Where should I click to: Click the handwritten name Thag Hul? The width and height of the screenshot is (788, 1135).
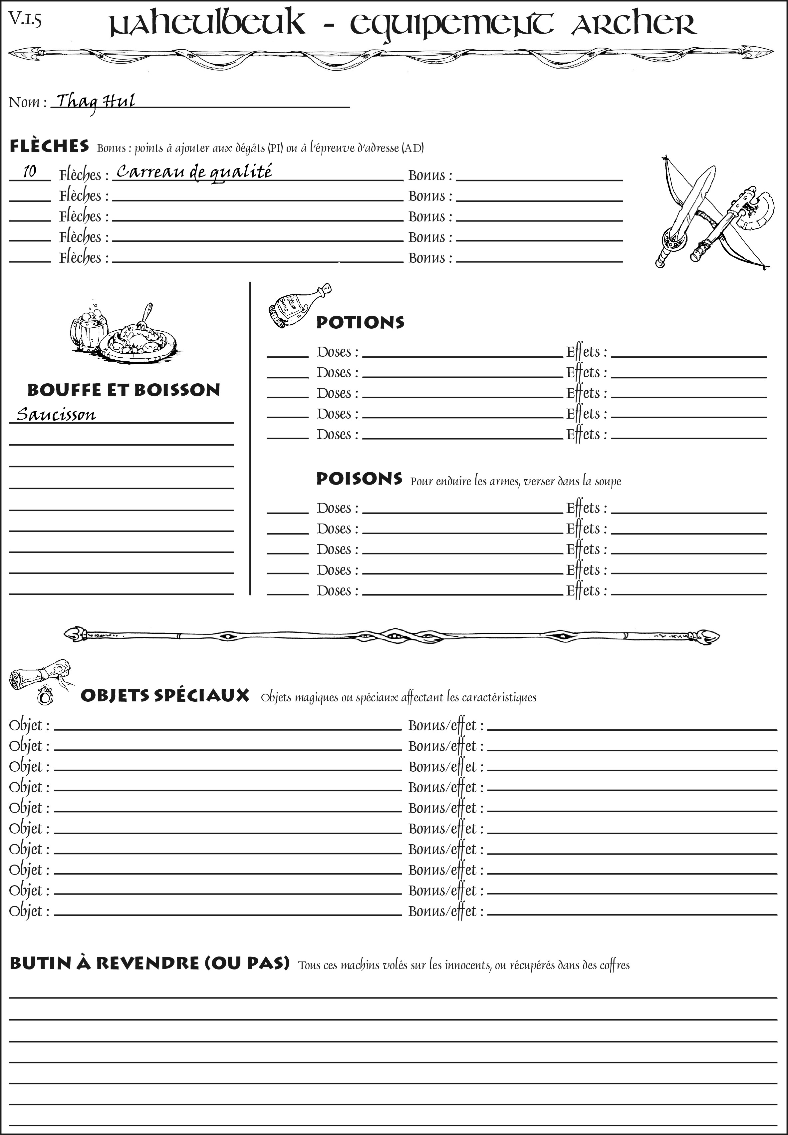[x=95, y=102]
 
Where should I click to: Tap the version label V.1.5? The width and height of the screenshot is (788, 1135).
[x=25, y=20]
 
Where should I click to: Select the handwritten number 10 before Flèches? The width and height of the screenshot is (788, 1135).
[x=30, y=172]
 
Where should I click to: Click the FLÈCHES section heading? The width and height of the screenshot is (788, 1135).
[x=49, y=146]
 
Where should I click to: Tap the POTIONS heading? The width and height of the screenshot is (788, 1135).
[x=360, y=322]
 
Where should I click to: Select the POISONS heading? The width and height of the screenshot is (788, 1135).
[x=359, y=479]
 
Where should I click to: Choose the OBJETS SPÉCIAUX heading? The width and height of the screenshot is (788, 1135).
[x=164, y=695]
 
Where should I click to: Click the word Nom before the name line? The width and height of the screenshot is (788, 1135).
[x=24, y=102]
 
